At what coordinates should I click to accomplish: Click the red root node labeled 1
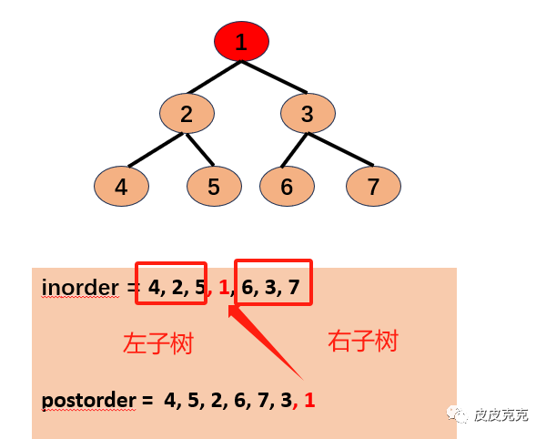coord(241,42)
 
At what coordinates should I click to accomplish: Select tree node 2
coord(187,115)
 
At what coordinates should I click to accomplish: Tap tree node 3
coord(308,115)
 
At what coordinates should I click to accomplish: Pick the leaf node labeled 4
coord(121,188)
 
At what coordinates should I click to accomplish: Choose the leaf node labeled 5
coord(214,188)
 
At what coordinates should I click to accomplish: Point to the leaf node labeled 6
coord(287,188)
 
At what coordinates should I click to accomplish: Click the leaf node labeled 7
coord(373,188)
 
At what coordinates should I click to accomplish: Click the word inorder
coord(80,289)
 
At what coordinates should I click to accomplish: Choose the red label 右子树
coord(362,342)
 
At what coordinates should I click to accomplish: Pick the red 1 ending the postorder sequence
coord(309,399)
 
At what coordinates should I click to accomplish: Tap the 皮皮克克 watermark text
coord(500,414)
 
